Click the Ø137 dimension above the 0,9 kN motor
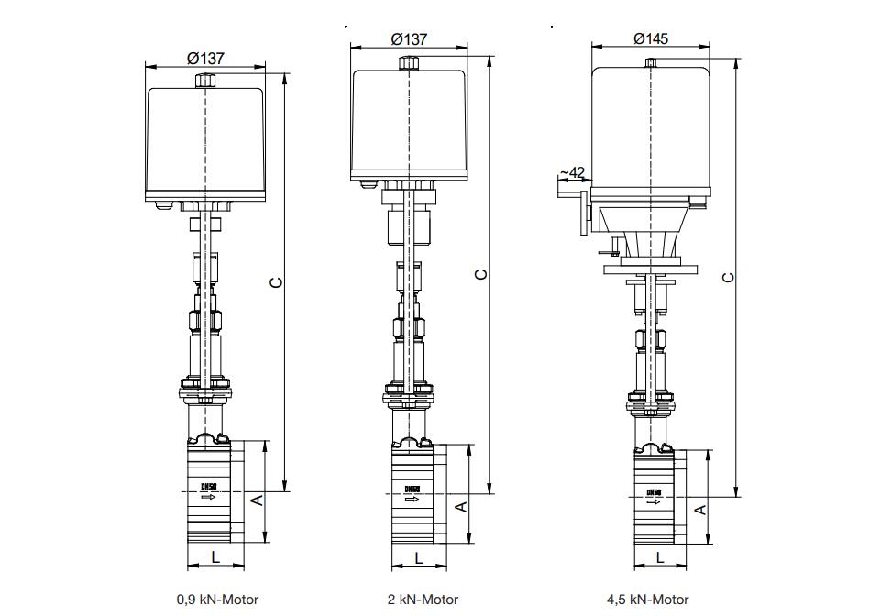coord(206,58)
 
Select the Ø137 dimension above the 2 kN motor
coord(409,39)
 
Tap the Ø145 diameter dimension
coord(651,38)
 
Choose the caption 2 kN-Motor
coord(423,599)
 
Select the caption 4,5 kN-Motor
coord(652,599)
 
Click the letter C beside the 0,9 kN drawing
coord(275,281)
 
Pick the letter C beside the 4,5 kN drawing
coord(728,277)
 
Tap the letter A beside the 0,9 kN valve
coord(257,500)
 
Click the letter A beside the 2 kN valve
coord(461,505)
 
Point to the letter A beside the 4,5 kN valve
coord(700,510)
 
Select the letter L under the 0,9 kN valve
coord(215,556)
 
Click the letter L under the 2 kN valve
coord(419,556)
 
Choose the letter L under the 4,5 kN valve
coord(659,556)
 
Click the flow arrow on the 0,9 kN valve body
coord(208,498)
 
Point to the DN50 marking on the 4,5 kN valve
coord(654,492)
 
